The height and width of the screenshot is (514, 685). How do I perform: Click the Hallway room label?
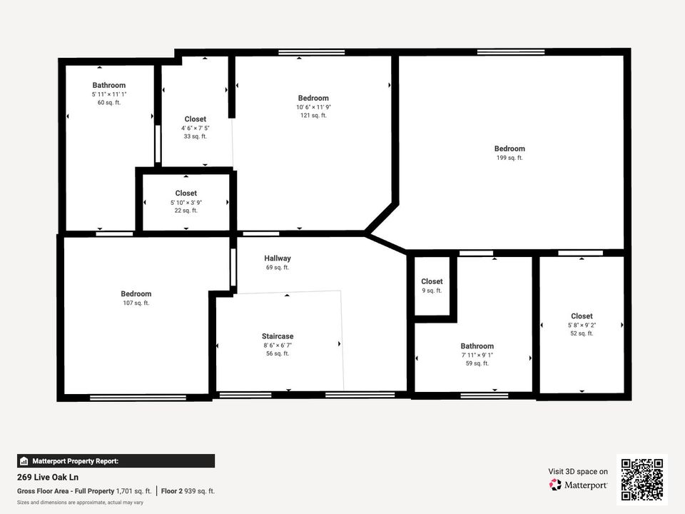coord(278,258)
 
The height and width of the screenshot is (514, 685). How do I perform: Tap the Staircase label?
coord(278,336)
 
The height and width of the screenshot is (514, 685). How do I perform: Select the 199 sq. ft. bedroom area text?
coord(509,158)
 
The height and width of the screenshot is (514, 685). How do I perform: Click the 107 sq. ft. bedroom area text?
coord(136,303)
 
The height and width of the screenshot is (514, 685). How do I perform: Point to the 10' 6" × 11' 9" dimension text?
coord(313,107)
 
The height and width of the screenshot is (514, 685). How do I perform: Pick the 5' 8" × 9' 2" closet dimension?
coord(582,325)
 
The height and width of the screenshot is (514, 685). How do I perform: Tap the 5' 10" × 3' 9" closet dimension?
coord(186,202)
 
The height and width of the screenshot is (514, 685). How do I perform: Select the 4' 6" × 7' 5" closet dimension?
coord(195,128)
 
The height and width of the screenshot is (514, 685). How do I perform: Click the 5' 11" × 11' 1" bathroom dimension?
coord(108,94)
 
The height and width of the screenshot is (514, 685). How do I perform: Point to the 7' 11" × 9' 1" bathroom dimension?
coord(477,355)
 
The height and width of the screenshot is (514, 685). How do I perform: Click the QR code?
coord(642,480)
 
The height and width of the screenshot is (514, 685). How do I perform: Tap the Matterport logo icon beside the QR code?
coord(555,485)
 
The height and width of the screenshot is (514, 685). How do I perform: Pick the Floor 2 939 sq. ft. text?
coord(188,490)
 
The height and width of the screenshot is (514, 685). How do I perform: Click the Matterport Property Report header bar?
coord(116,461)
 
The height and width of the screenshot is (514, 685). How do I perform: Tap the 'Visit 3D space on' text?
coord(578,471)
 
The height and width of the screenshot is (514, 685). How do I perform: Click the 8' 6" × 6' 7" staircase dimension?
coord(278,345)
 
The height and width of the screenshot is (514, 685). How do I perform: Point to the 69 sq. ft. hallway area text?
coord(278,268)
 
